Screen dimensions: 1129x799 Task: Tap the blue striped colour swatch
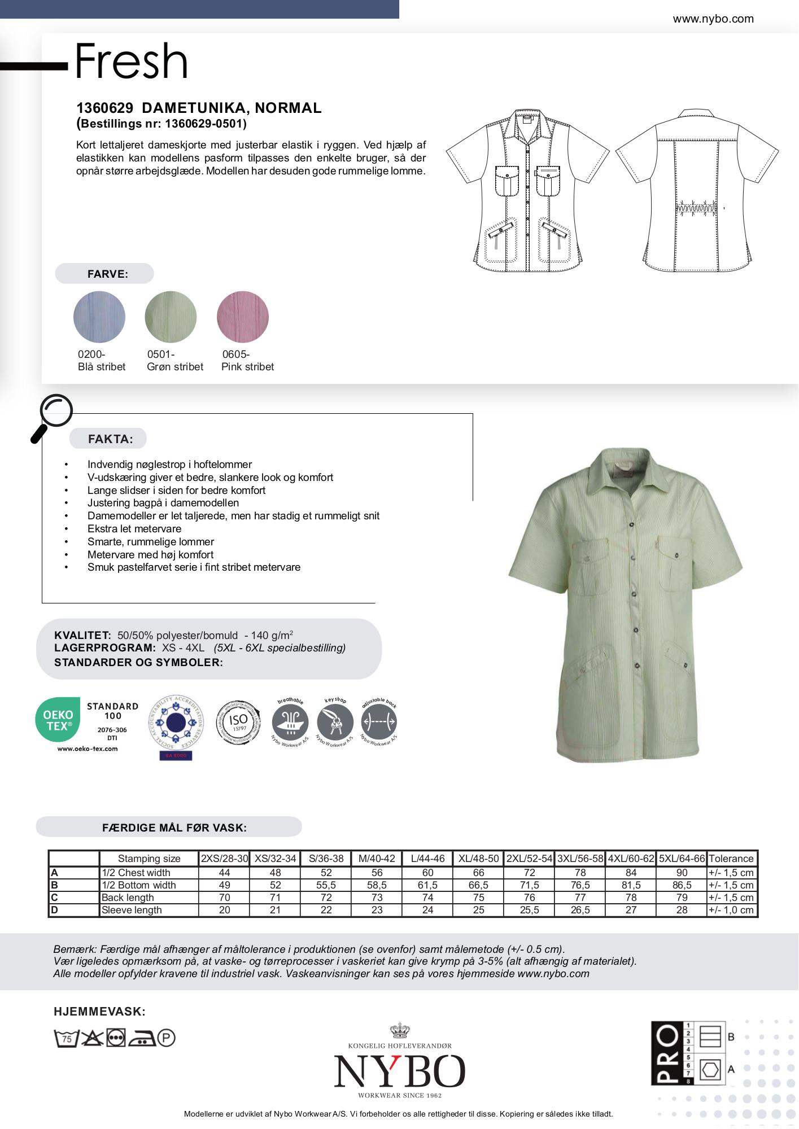coord(99,317)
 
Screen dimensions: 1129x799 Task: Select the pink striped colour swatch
coord(243,317)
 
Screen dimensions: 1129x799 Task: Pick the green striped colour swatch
coord(171,317)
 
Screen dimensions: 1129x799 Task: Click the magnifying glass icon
coord(53,415)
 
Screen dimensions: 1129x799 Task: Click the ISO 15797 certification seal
coord(239,722)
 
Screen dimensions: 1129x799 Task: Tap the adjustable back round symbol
coord(379,722)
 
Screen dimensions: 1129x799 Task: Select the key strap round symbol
coord(335,722)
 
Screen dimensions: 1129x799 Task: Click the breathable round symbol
coord(290,722)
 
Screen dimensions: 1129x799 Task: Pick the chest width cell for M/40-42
coord(377,872)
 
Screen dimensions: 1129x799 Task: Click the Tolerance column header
coord(731,859)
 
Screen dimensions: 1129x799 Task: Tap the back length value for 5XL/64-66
coord(682,897)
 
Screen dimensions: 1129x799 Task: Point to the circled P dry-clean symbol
coord(167,1038)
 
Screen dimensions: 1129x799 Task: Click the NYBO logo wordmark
coord(400,1071)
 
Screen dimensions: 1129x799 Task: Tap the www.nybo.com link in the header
coord(713,19)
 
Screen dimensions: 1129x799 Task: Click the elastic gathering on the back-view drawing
coord(697,207)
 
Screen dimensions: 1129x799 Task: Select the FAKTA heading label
coord(111,439)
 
